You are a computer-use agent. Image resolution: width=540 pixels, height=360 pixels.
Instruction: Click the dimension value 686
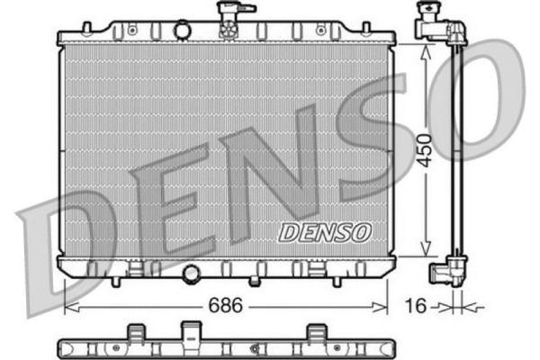[x=226, y=306]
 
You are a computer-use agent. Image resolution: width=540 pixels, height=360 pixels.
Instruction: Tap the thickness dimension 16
[x=416, y=306]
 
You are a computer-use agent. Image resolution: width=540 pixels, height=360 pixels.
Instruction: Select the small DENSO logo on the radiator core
[x=325, y=231]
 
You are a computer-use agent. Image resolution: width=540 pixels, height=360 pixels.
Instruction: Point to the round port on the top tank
[x=183, y=31]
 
